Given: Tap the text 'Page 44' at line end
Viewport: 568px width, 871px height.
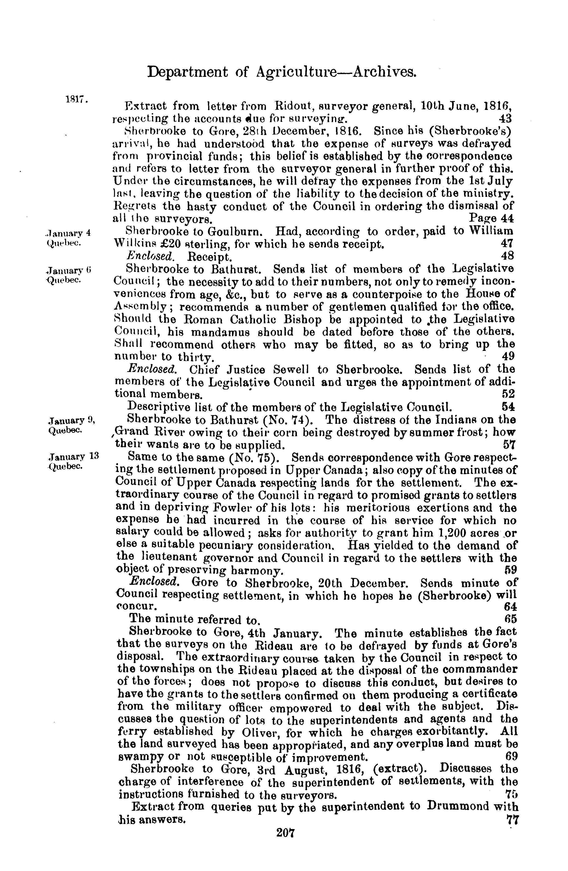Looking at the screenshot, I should pos(491,218).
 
